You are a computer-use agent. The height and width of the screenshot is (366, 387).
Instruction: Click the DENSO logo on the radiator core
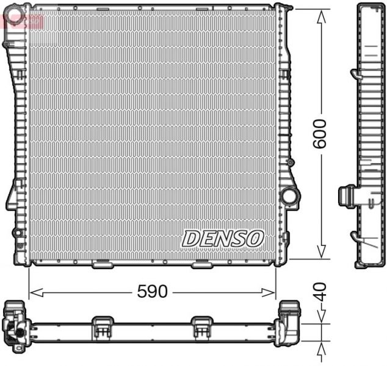coord(223,238)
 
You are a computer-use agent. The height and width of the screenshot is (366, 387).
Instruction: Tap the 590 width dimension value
coord(151,292)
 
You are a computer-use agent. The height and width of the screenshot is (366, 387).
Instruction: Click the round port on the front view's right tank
coord(290,197)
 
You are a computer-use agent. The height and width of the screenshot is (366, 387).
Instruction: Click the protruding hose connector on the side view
coord(347,197)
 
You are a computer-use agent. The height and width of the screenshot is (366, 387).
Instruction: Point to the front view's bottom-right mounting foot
coord(201,266)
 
